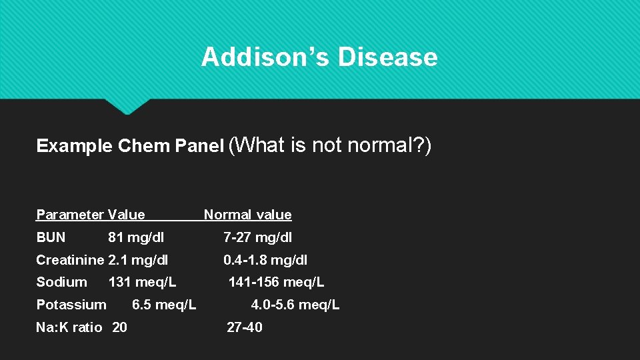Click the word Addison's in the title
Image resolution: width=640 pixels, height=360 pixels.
pyautogui.click(x=265, y=57)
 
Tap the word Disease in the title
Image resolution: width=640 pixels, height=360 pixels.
pyautogui.click(x=387, y=57)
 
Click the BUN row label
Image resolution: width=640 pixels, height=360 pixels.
pyautogui.click(x=51, y=237)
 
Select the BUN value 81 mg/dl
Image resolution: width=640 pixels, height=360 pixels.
pyautogui.click(x=136, y=237)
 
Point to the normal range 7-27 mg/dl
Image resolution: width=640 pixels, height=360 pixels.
pyautogui.click(x=257, y=237)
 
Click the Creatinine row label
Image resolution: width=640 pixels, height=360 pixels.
pyautogui.click(x=70, y=260)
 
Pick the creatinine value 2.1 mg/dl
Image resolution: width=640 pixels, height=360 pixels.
pyautogui.click(x=138, y=260)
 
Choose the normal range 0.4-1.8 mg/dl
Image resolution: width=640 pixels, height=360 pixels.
pyautogui.click(x=265, y=260)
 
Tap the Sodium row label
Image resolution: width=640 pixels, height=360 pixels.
pyautogui.click(x=61, y=282)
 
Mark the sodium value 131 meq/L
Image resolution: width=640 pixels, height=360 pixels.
pyautogui.click(x=142, y=282)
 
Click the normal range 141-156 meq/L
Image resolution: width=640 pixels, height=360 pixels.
pyautogui.click(x=276, y=282)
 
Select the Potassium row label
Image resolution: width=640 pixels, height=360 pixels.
pyautogui.click(x=71, y=305)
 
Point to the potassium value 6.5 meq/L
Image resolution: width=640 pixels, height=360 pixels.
pyautogui.click(x=164, y=305)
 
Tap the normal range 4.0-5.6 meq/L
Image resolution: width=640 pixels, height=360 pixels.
pyautogui.click(x=295, y=305)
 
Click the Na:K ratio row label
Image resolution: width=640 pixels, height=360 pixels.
pyautogui.click(x=69, y=327)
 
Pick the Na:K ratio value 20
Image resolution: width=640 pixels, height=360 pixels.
pyautogui.click(x=120, y=327)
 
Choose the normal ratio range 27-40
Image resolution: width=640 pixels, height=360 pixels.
pyautogui.click(x=245, y=327)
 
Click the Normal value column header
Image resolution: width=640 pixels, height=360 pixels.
pyautogui.click(x=247, y=215)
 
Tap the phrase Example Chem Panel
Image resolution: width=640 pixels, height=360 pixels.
pyautogui.click(x=130, y=146)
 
